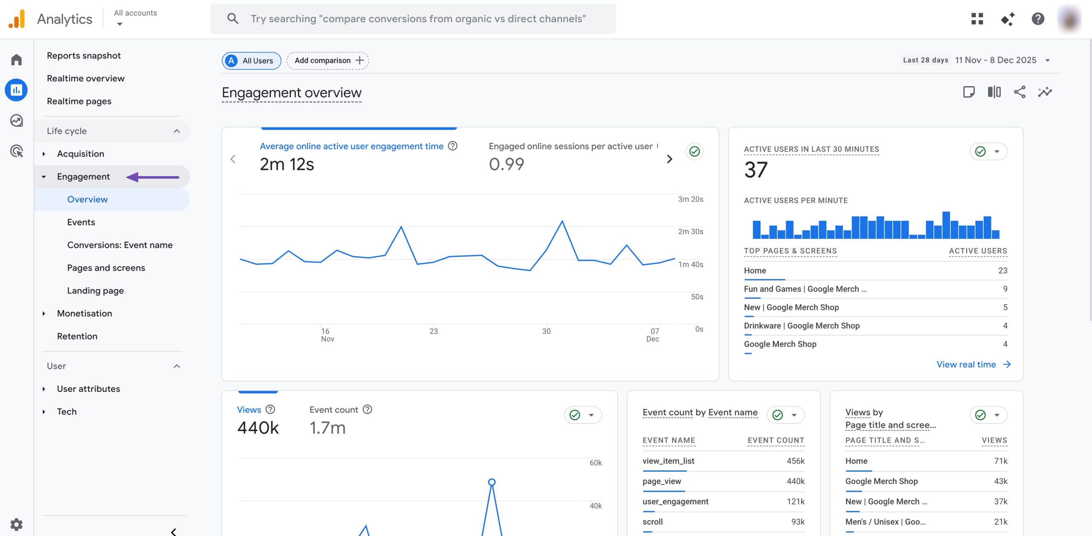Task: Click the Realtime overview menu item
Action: (x=85, y=78)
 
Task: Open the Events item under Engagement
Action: (x=81, y=222)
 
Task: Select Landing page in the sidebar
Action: (x=95, y=291)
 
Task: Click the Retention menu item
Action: (x=77, y=336)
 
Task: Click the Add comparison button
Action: (x=328, y=61)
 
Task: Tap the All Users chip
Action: (x=251, y=61)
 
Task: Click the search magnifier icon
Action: (x=232, y=19)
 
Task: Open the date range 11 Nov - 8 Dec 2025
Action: (x=996, y=60)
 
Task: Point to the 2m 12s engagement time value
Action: (x=287, y=165)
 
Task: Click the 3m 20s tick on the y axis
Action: (x=690, y=199)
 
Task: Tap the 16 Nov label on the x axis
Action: (x=327, y=335)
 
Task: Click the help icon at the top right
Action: (x=1037, y=19)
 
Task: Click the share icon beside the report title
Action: (x=1019, y=92)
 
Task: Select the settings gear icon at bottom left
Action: (x=16, y=524)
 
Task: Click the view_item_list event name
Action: (x=668, y=461)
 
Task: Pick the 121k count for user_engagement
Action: (x=796, y=501)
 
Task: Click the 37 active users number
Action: (x=755, y=170)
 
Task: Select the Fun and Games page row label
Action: (x=804, y=289)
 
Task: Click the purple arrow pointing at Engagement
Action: (x=153, y=177)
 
